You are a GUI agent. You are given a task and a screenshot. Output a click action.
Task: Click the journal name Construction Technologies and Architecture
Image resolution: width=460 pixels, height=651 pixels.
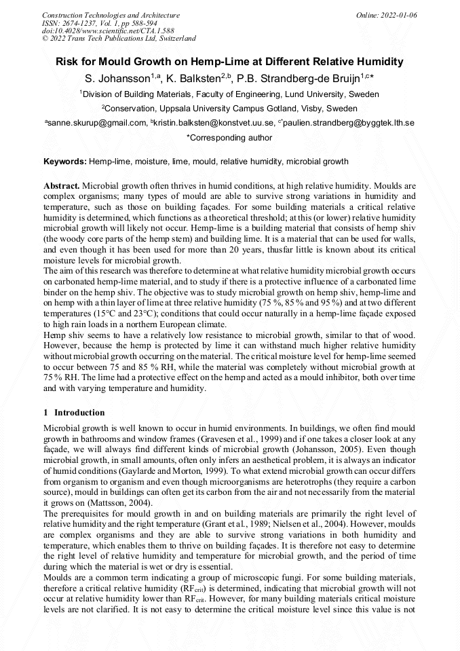tap(111, 15)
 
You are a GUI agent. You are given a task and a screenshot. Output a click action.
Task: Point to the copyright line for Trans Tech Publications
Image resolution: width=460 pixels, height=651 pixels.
tap(119, 39)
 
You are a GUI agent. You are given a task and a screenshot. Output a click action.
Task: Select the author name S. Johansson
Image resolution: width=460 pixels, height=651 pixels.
tap(117, 79)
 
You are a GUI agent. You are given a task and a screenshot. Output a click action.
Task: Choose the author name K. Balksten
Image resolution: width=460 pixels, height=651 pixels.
tap(197, 79)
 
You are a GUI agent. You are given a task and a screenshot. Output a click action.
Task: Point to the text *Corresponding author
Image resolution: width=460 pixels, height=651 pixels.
tap(229, 138)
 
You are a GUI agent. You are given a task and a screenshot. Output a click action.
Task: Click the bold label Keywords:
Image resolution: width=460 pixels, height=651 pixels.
tap(65, 162)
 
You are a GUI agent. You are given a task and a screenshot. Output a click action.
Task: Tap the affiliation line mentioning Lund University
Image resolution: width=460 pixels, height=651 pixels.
tap(229, 94)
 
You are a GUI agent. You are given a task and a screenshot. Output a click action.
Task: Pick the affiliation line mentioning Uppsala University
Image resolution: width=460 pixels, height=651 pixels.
tap(229, 109)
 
